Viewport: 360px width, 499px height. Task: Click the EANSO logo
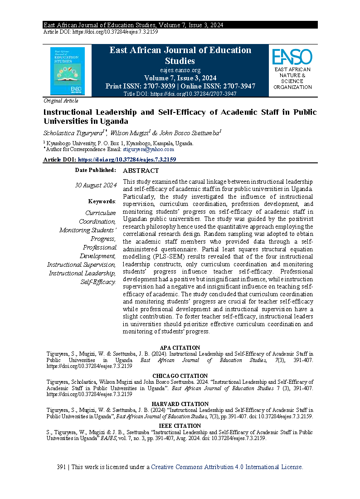tap(292, 57)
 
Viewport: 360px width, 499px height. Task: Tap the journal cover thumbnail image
tap(68, 71)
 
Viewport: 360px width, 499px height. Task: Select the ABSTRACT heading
tap(141, 171)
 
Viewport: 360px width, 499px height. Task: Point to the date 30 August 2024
tap(96, 185)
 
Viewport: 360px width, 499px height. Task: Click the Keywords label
tap(102, 201)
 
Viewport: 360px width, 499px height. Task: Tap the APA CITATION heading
tap(180, 348)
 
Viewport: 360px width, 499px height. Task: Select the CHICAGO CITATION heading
tap(180, 376)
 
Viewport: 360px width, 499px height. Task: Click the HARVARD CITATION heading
tap(180, 404)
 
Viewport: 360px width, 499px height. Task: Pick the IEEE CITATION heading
tap(180, 426)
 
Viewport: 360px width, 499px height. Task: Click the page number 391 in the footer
tap(62, 467)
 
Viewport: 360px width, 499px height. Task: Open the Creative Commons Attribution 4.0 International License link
tap(227, 467)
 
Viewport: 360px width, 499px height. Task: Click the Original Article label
tap(61, 101)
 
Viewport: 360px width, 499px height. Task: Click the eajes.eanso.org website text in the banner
tap(180, 70)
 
